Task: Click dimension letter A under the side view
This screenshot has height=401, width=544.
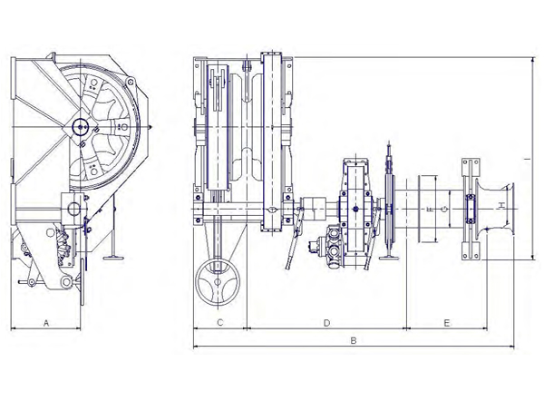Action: pyautogui.click(x=46, y=323)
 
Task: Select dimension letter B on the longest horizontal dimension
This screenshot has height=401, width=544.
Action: pyautogui.click(x=354, y=341)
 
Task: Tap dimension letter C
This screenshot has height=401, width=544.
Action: pyautogui.click(x=220, y=323)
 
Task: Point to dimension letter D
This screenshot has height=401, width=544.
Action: pyautogui.click(x=326, y=323)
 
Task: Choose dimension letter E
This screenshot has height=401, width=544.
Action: pyautogui.click(x=447, y=323)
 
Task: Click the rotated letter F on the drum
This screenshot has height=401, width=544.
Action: pyautogui.click(x=430, y=209)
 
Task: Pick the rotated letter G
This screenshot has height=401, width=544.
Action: pyautogui.click(x=443, y=209)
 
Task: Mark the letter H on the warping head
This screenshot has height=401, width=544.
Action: pyautogui.click(x=501, y=206)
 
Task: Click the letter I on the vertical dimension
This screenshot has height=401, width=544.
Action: pyautogui.click(x=527, y=159)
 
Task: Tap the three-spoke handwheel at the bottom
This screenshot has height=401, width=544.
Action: pyautogui.click(x=218, y=282)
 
